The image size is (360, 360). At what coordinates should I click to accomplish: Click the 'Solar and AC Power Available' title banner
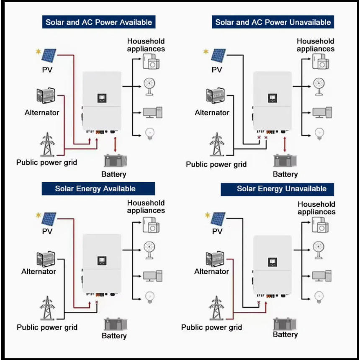(x=99, y=22)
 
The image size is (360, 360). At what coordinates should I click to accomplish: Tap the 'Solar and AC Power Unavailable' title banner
(x=273, y=22)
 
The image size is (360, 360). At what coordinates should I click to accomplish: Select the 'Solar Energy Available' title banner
(x=98, y=189)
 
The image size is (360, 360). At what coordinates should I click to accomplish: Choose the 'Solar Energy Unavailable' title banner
(x=278, y=189)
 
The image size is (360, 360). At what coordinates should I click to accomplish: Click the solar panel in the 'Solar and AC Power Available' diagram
(x=49, y=55)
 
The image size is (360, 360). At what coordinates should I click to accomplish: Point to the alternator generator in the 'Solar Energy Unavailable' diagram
(x=215, y=259)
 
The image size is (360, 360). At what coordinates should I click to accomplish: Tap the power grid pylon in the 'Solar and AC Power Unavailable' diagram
(x=216, y=144)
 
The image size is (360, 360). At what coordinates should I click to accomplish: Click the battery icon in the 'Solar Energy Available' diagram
(x=116, y=324)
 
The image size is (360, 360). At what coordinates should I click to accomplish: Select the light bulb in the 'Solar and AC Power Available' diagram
(x=150, y=134)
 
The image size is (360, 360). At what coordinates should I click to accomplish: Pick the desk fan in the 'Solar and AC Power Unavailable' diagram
(x=319, y=87)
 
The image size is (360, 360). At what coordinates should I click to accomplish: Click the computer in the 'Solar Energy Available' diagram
(x=153, y=276)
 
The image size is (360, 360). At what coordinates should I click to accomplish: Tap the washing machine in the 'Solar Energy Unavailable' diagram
(x=320, y=225)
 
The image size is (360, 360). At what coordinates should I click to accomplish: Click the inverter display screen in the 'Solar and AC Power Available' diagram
(x=102, y=98)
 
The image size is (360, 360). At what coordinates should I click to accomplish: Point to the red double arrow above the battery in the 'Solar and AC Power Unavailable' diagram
(x=285, y=144)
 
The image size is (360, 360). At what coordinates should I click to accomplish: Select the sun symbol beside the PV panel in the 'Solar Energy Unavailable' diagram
(x=207, y=215)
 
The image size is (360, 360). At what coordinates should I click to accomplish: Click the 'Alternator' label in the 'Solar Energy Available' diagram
(x=39, y=271)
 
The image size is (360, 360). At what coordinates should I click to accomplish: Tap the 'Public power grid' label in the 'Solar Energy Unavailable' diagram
(x=211, y=327)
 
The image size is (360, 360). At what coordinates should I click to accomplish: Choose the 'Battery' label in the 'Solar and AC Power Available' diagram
(x=113, y=174)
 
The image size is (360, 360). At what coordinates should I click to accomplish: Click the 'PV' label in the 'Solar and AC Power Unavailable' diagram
(x=217, y=69)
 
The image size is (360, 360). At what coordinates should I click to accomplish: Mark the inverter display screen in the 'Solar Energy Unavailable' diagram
(x=272, y=262)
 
